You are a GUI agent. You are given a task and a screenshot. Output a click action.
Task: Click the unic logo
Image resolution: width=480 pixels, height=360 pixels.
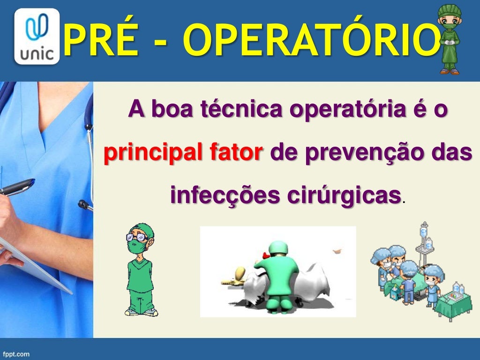click(x=37, y=36)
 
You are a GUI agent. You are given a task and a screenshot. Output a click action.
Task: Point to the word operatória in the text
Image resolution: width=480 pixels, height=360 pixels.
click(x=347, y=110)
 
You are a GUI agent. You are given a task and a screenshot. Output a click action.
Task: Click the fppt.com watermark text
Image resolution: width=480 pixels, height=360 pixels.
click(x=16, y=354)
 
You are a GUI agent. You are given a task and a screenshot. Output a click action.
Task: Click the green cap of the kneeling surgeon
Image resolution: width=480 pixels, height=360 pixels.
click(x=277, y=247)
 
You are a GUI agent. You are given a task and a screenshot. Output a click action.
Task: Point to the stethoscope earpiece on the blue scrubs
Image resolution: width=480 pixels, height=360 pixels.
click(x=84, y=204)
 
